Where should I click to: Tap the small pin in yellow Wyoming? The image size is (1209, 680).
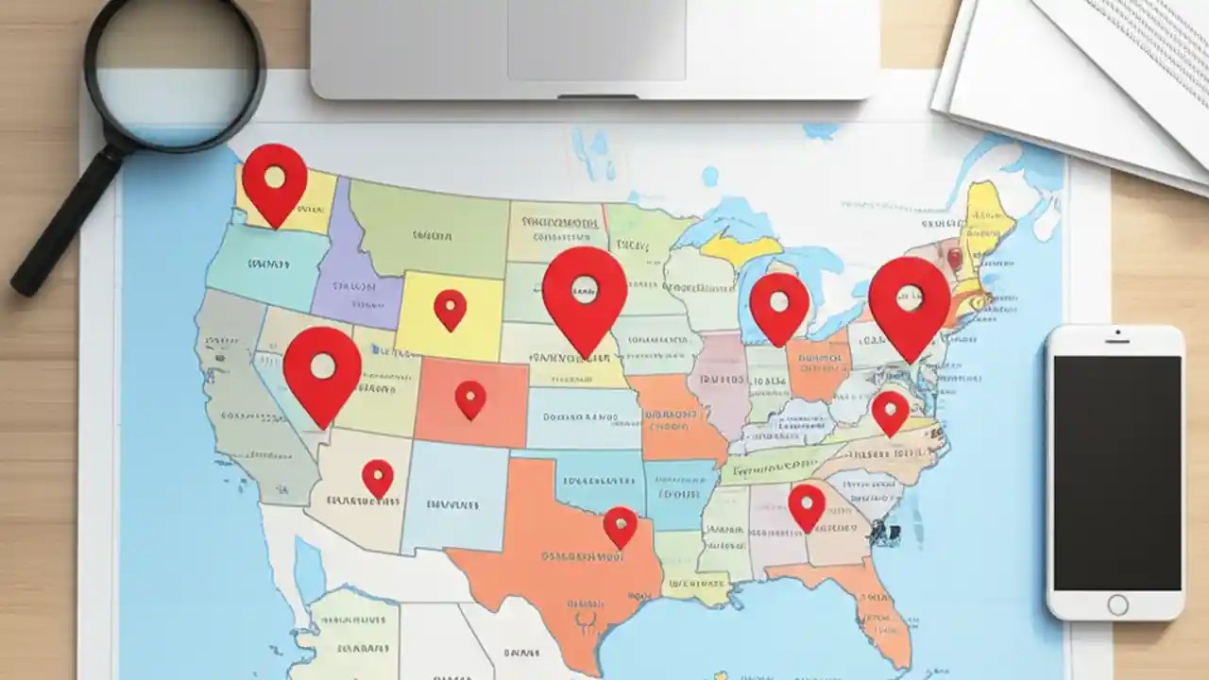tap(450, 307)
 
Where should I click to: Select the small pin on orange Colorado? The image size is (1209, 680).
tap(470, 398)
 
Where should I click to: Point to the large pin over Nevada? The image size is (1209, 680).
tap(322, 369)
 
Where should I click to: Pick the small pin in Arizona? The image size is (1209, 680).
tap(378, 476)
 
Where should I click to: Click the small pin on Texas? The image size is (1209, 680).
tap(620, 524)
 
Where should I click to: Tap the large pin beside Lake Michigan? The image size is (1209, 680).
tap(779, 304)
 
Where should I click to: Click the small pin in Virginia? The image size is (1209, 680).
tap(890, 411)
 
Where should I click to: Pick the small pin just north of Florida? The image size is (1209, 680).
tap(807, 504)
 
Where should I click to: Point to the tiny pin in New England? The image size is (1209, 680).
tap(954, 257)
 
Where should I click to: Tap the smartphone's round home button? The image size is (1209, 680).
tap(1116, 604)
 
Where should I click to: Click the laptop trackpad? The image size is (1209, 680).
tap(596, 39)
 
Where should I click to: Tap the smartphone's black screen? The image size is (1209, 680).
tap(1116, 472)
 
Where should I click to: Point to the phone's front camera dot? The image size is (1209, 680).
tap(1116, 333)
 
